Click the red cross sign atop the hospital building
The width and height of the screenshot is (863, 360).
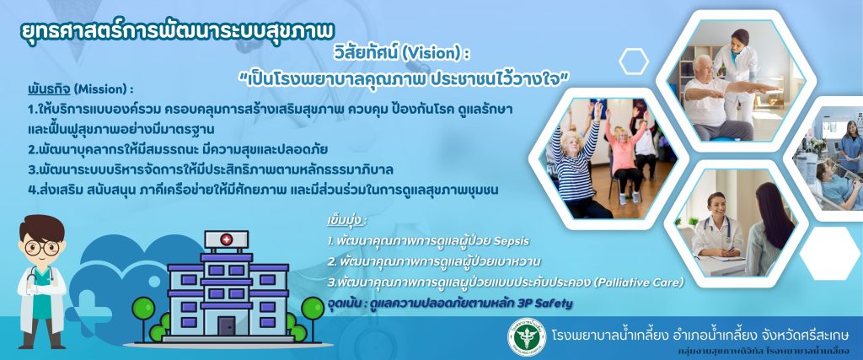click(x=226, y=239)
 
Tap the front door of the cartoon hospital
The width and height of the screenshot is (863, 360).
click(x=226, y=326)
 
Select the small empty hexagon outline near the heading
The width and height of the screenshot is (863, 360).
click(x=634, y=62)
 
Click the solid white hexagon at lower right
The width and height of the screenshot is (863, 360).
click(x=829, y=254)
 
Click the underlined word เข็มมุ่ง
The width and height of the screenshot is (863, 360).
click(x=346, y=221)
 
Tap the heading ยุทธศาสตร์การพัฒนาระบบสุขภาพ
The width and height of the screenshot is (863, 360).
click(x=176, y=31)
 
